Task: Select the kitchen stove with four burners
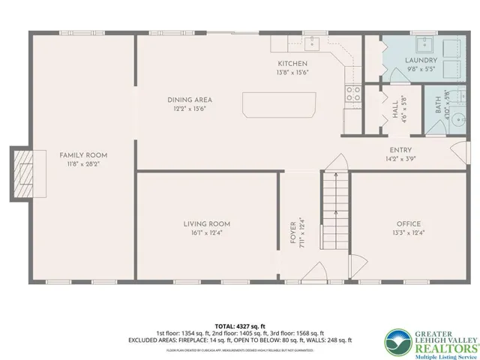[352, 94]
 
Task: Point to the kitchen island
[279, 103]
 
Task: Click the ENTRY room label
[400, 150]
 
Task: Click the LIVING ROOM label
[206, 223]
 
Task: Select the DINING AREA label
[189, 99]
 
